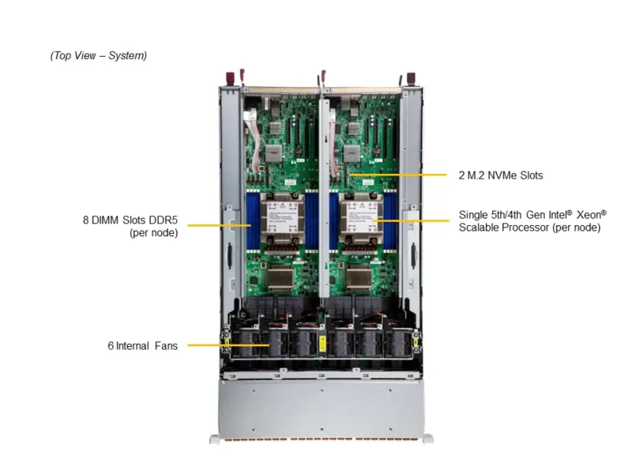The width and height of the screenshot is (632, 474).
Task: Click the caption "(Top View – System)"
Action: tap(98, 55)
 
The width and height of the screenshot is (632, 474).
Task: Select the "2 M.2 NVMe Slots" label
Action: tap(501, 175)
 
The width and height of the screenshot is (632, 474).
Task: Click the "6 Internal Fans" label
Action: tap(143, 346)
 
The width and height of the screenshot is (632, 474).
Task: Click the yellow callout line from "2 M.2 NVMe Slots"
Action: tap(398, 175)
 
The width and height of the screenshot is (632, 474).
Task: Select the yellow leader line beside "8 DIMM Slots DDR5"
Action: tap(220, 225)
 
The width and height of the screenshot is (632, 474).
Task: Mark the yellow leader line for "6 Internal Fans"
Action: tap(228, 345)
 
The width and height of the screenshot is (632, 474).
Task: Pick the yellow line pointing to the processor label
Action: tap(411, 220)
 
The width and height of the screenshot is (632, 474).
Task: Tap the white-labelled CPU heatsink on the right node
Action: tap(360, 219)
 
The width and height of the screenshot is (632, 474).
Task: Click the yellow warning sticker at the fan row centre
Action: tap(322, 344)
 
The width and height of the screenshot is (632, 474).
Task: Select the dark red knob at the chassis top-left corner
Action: tap(230, 78)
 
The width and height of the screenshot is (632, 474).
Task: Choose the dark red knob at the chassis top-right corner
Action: tap(411, 78)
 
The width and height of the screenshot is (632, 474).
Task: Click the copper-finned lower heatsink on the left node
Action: tap(280, 277)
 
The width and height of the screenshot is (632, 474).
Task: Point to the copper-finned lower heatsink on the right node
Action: tap(359, 277)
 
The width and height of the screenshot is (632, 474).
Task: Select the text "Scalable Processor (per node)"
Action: tap(529, 228)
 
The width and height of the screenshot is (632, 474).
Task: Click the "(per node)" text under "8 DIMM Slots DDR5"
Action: tap(153, 233)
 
